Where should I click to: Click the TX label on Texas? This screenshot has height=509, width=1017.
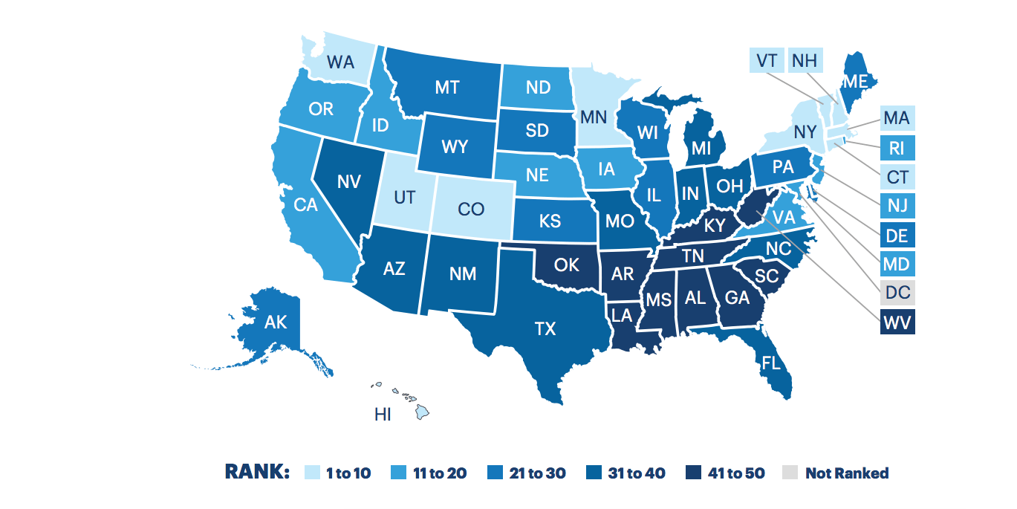[545, 328]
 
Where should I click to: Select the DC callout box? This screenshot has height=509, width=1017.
[897, 292]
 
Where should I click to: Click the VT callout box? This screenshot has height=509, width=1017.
[766, 59]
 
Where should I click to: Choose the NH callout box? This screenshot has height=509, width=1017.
[803, 59]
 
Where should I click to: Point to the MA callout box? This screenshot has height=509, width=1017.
[897, 117]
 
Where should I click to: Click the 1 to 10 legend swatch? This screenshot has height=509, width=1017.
[313, 473]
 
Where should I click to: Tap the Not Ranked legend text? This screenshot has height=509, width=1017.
[846, 473]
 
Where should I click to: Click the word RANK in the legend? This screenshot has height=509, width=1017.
[256, 473]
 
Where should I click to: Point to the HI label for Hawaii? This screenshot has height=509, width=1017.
[383, 415]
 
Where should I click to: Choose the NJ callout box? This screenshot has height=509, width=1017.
[897, 204]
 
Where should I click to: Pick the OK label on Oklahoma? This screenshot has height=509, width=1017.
[566, 265]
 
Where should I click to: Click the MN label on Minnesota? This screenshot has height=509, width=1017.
[592, 117]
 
